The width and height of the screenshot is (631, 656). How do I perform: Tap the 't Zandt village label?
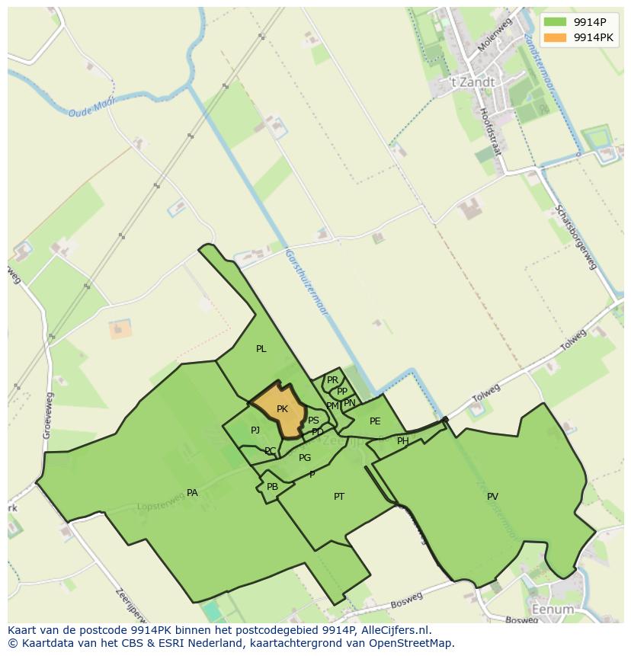(x=472, y=82)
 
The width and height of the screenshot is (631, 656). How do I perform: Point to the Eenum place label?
(x=553, y=610)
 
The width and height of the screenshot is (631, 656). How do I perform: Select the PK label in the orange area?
(x=282, y=409)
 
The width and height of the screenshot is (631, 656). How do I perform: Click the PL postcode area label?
(x=261, y=349)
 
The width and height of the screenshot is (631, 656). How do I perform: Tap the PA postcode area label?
(x=192, y=493)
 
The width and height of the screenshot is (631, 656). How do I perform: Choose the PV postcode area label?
(x=492, y=497)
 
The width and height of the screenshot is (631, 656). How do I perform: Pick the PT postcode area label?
(x=339, y=497)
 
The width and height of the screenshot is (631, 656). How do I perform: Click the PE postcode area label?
(x=375, y=421)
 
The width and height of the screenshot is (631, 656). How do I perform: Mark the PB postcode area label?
(x=272, y=487)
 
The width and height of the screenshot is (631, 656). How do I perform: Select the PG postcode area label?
(x=305, y=458)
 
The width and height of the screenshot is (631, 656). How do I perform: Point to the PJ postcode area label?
(x=255, y=430)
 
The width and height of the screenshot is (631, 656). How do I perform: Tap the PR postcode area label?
(x=332, y=380)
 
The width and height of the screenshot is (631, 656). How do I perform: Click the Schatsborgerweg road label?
(x=575, y=236)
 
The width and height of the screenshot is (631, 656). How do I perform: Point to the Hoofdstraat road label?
(x=491, y=131)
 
